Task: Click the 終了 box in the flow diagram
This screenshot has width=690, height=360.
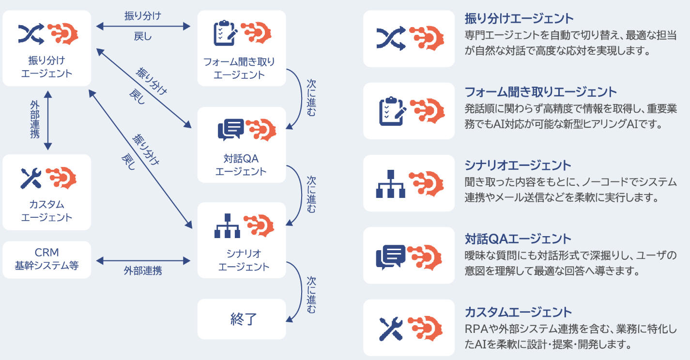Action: pyautogui.click(x=242, y=319)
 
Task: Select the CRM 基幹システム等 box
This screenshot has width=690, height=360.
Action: pyautogui.click(x=46, y=259)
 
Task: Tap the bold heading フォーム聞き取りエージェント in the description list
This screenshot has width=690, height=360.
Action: pyautogui.click(x=541, y=92)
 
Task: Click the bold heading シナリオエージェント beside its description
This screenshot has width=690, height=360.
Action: pyautogui.click(x=518, y=165)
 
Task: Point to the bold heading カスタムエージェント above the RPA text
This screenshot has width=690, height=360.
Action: pyautogui.click(x=518, y=312)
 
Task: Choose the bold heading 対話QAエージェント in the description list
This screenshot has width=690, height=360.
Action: pyautogui.click(x=518, y=239)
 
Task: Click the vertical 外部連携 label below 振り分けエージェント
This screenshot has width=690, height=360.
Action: pyautogui.click(x=34, y=119)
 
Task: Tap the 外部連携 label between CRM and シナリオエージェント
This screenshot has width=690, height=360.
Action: pyautogui.click(x=142, y=271)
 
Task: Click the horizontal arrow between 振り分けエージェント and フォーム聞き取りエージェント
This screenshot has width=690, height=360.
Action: pyautogui.click(x=142, y=27)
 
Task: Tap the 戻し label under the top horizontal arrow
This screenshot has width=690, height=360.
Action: pyautogui.click(x=142, y=36)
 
